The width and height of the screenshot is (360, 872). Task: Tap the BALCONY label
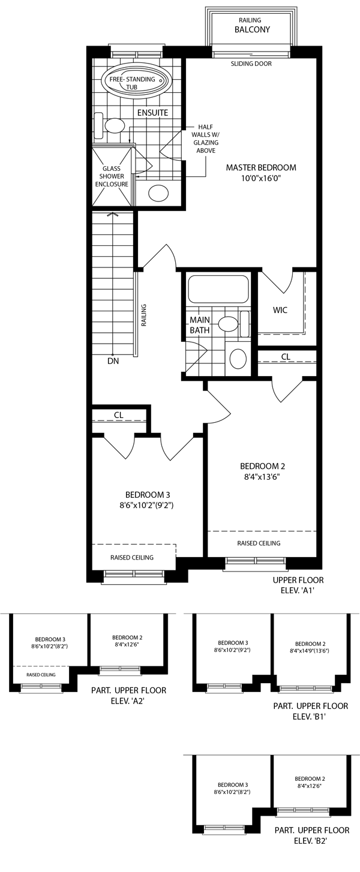[x=252, y=29]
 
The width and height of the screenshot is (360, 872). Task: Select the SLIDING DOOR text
[x=251, y=64]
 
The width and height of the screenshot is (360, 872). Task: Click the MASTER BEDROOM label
[x=261, y=168]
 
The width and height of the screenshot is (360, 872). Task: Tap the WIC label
[x=280, y=310]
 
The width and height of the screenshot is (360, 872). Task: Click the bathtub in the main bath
[x=218, y=289]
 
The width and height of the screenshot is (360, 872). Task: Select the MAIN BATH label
[x=200, y=325]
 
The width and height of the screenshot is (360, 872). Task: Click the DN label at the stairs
[x=113, y=361]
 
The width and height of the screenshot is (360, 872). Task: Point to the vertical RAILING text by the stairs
[x=144, y=315]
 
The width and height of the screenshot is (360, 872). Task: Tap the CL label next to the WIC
[x=286, y=357]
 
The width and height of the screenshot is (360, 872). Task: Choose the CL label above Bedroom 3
[x=119, y=415]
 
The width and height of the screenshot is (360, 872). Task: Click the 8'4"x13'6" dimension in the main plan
[x=260, y=477]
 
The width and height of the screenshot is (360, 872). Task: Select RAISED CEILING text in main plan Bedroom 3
[x=131, y=558]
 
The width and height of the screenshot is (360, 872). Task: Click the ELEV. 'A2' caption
[x=128, y=701]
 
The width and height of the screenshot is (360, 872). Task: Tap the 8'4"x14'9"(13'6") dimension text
[x=310, y=651]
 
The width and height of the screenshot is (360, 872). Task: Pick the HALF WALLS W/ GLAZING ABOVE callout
[x=206, y=139]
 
